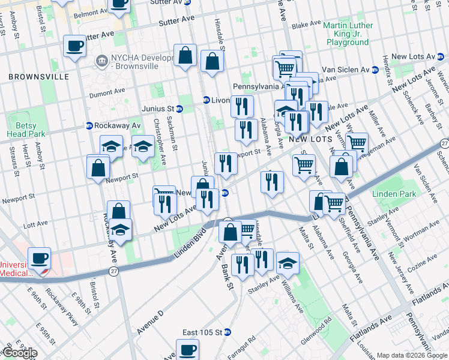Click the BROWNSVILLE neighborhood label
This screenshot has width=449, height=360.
(33, 77)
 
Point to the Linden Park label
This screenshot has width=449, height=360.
(394, 194)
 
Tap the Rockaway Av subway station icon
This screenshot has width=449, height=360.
(89, 125)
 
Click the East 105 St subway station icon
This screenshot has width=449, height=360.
(228, 332)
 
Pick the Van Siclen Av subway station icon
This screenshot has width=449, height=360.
(375, 70)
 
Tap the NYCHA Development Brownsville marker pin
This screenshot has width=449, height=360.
(100, 61)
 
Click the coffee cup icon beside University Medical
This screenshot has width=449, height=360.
(40, 259)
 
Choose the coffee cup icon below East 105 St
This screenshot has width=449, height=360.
(187, 349)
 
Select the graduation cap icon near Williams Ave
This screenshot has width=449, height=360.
(288, 263)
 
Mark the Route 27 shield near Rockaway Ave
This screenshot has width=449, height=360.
(113, 272)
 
